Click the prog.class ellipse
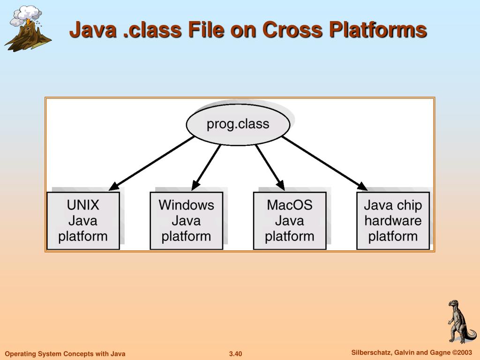(238, 125)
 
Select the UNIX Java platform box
(83, 221)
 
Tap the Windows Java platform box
(187, 221)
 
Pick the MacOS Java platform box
(290, 221)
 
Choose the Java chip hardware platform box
(393, 221)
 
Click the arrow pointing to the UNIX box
(151, 164)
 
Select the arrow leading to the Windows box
(206, 167)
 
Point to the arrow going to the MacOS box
(270, 167)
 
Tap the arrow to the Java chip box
(324, 164)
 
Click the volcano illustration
(28, 29)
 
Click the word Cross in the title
(292, 30)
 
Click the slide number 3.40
(235, 354)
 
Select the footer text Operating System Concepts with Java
(65, 354)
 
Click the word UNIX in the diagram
(83, 205)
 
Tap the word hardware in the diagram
(393, 221)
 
